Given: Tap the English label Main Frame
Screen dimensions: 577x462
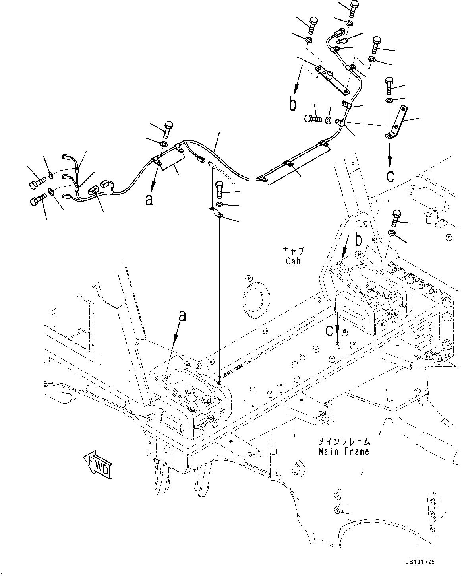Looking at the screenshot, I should (344, 451).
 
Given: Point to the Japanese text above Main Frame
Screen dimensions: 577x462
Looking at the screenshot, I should (344, 441).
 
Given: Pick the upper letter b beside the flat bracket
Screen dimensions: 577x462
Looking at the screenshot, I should (292, 104).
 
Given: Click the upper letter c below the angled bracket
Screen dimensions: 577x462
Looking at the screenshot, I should (390, 175).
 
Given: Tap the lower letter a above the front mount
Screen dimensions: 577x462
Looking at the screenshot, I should (182, 316).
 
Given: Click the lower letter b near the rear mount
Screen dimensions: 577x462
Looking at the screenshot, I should (358, 240).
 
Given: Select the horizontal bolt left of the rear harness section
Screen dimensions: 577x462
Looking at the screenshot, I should (313, 118).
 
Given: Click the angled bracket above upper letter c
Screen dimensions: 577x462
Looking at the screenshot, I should (398, 121).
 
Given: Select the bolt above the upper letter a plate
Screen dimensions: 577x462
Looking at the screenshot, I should (168, 128).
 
